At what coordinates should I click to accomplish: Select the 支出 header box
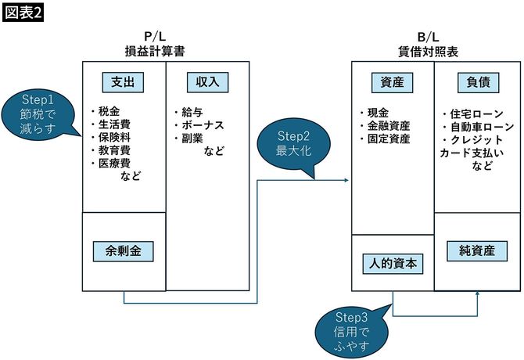(x=124, y=81)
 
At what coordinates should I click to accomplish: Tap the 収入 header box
(x=207, y=81)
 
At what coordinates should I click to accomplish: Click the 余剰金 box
(x=124, y=251)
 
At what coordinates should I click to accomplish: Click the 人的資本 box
(x=393, y=265)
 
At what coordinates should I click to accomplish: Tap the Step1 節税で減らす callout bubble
(x=38, y=114)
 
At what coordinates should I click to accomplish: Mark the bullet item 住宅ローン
(x=472, y=113)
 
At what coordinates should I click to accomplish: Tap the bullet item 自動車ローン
(x=478, y=127)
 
